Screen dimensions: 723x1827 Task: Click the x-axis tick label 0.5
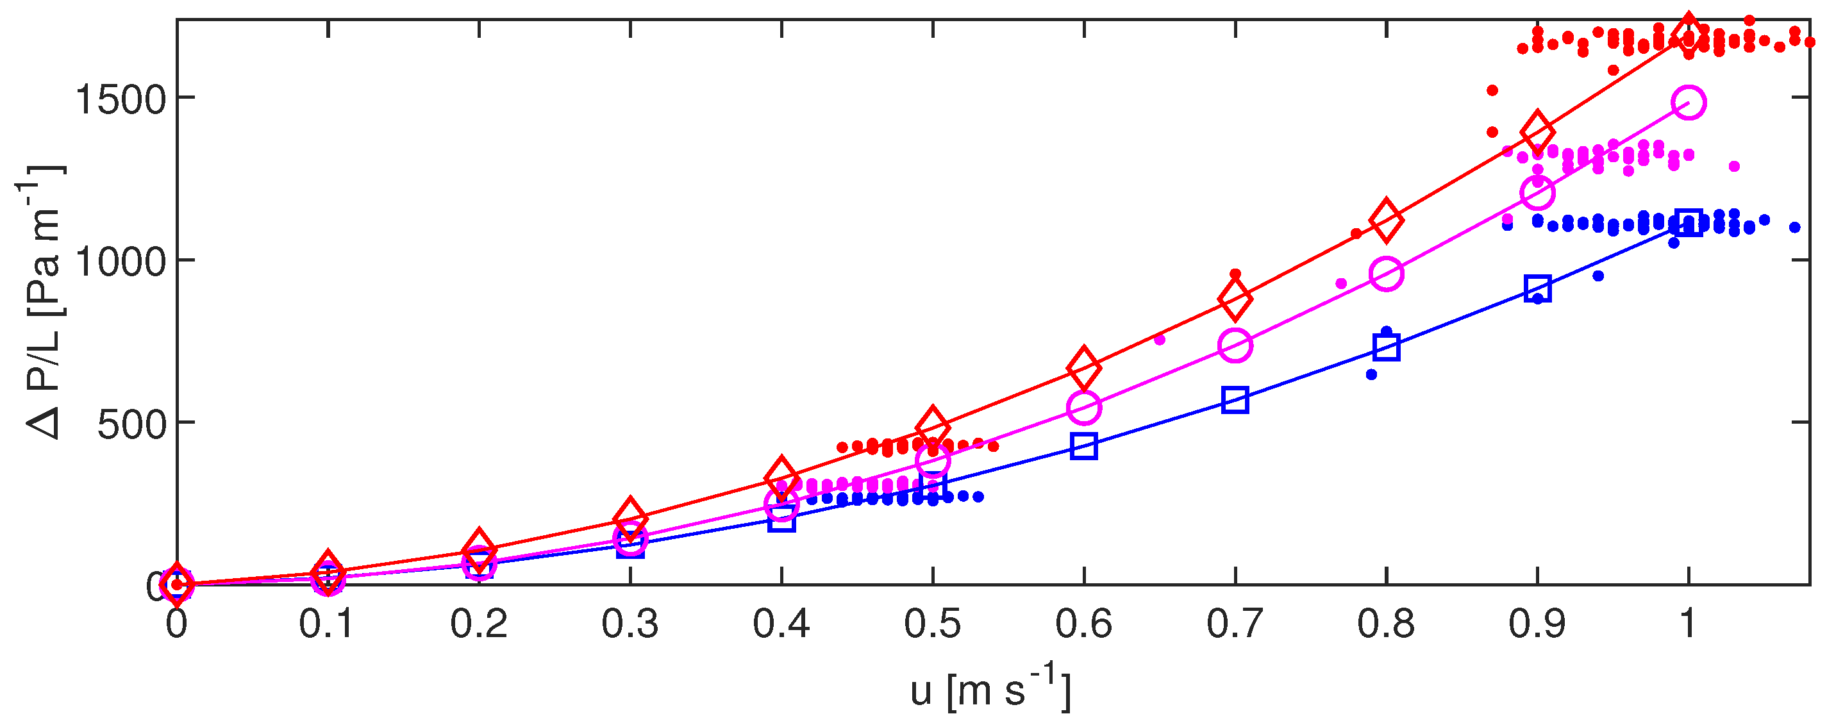(932, 624)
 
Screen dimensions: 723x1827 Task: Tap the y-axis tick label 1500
(121, 99)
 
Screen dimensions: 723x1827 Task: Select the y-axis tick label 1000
(121, 262)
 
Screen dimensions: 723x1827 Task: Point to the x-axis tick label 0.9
(1536, 624)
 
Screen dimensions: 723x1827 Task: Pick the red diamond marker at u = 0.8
(1386, 220)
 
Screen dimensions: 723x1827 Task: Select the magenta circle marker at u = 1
(1688, 103)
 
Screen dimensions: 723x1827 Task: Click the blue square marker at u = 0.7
(1235, 401)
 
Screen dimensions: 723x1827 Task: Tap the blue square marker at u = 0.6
(1084, 446)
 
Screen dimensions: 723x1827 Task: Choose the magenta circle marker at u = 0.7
(1235, 345)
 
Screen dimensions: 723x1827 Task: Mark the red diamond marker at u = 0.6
(1084, 368)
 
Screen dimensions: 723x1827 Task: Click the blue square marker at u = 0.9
(1537, 288)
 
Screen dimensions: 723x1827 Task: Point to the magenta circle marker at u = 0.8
(1386, 274)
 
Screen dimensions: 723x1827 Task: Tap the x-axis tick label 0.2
(479, 624)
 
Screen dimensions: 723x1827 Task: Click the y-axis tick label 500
(131, 424)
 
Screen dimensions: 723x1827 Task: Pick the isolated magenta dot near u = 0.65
(1160, 340)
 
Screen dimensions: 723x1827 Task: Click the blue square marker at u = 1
(1688, 223)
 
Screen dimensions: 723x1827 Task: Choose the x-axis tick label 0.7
(1235, 624)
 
